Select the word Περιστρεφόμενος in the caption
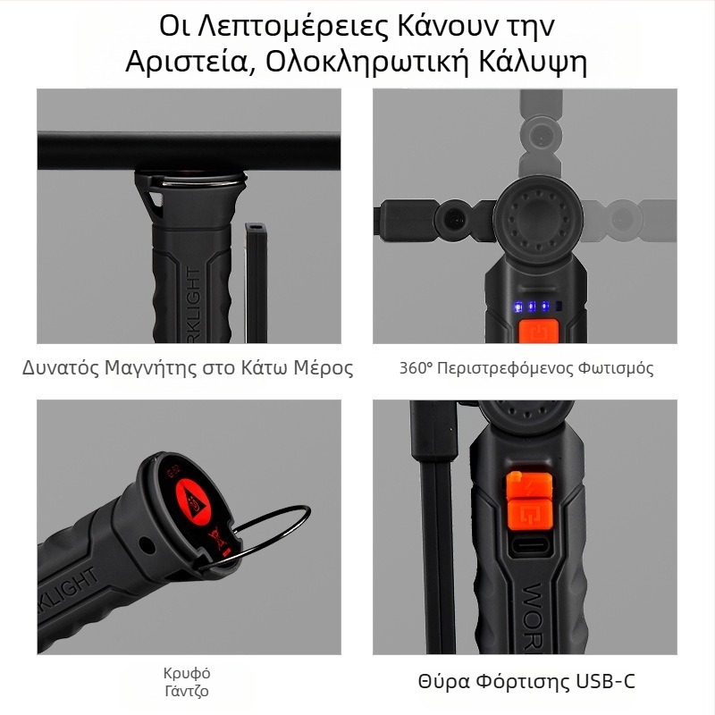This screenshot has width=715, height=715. point(500,368)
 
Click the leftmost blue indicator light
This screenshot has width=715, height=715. point(518,307)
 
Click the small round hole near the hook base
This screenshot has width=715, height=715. point(147,544)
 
